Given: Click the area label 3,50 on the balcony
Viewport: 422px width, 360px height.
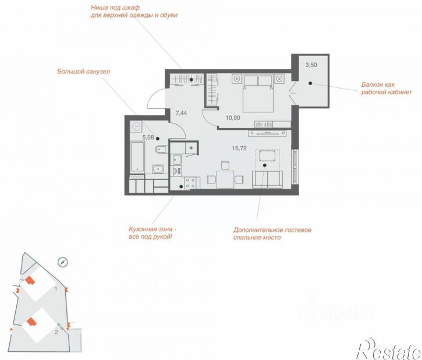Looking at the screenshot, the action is (x=311, y=65).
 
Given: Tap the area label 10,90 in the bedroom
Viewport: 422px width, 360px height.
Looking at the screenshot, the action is (x=233, y=118).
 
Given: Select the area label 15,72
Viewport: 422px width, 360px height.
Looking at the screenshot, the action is (x=239, y=148).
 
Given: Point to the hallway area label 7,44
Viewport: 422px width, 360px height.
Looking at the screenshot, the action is (x=181, y=113).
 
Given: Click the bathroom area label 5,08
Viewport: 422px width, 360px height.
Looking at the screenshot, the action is (x=148, y=137).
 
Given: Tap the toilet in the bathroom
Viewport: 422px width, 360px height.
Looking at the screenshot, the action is (x=161, y=149).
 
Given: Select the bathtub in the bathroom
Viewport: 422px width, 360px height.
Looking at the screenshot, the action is (x=137, y=157).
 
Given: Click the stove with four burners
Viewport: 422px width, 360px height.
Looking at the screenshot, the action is (x=190, y=183).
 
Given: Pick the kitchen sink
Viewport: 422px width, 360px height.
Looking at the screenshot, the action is (x=177, y=160).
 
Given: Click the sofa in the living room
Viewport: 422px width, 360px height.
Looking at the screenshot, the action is (x=267, y=179).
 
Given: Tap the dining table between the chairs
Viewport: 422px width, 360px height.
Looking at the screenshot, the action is (x=225, y=179).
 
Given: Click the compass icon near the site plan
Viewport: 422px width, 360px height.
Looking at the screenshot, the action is (x=63, y=262).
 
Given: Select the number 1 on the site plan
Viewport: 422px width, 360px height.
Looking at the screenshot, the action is (x=56, y=289).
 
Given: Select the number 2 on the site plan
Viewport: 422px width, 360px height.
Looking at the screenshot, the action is (x=56, y=332).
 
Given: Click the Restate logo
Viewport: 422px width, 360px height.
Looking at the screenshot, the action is (x=389, y=349).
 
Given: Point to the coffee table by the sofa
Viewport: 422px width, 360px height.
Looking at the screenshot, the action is (x=267, y=156).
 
